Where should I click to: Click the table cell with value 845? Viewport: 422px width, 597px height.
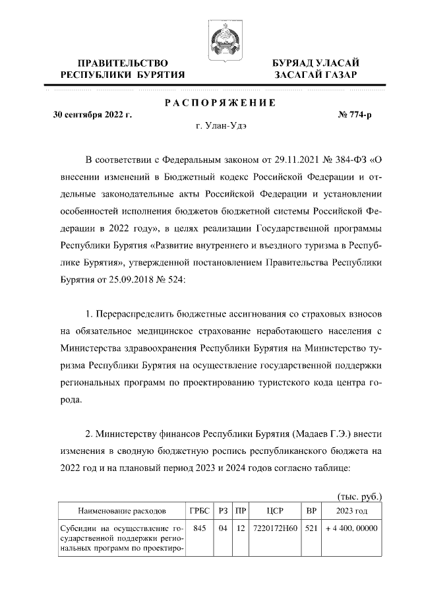pos(199,528)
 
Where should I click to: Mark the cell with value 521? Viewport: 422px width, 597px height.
pos(311,528)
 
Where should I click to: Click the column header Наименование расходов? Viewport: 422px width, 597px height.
pos(121,511)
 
